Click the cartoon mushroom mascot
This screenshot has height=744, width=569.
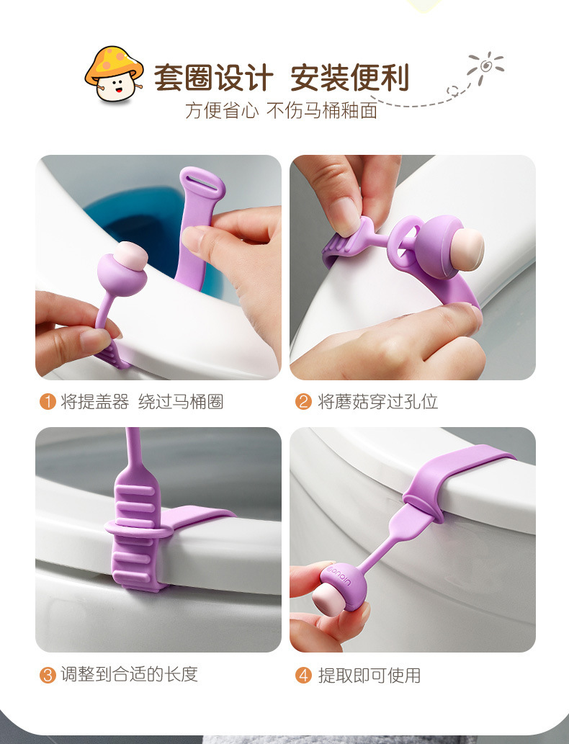tap(114, 73)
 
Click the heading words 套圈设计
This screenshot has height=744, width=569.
tap(213, 77)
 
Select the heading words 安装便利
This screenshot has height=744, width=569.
tap(350, 77)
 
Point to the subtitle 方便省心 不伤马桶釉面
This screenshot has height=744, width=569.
tap(282, 111)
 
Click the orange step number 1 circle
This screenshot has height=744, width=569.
tap(48, 402)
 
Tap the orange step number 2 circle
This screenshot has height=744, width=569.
tap(303, 402)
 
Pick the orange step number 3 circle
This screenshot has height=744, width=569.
tap(48, 675)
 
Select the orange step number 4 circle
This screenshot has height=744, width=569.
tap(303, 675)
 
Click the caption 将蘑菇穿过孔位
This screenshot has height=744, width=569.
tap(377, 402)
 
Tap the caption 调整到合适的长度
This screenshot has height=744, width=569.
tap(129, 674)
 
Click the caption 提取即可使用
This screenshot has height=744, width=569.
tap(369, 675)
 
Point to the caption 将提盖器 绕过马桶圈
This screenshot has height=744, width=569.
tap(142, 402)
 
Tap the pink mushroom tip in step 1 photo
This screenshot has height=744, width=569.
tap(131, 256)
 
